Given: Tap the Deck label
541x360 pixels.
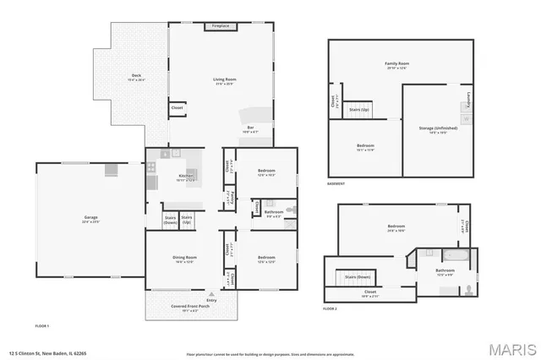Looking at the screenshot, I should [x=135, y=76].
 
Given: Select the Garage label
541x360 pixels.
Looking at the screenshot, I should [x=90, y=219].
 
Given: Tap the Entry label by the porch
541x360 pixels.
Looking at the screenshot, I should [x=211, y=300].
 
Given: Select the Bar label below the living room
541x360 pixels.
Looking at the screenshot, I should [x=250, y=128].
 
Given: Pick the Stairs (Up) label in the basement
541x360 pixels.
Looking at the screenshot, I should [x=359, y=110].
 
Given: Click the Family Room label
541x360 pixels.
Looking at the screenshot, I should [x=396, y=64].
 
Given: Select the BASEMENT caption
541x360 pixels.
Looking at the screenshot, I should [x=336, y=184].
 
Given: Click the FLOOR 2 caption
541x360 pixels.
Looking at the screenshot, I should [x=330, y=309].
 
